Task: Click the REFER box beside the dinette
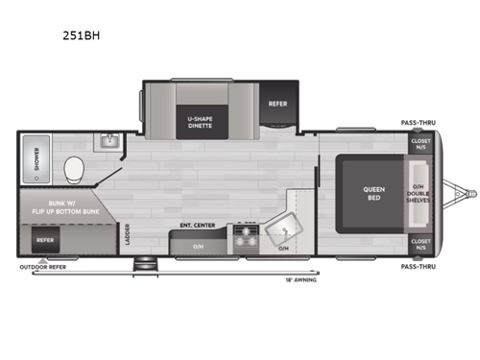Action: point(277,104)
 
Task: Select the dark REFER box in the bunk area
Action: point(45,240)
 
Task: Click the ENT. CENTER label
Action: point(196,228)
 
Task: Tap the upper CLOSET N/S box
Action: point(420,145)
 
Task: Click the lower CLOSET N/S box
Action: point(420,244)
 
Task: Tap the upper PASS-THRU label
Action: point(420,124)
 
